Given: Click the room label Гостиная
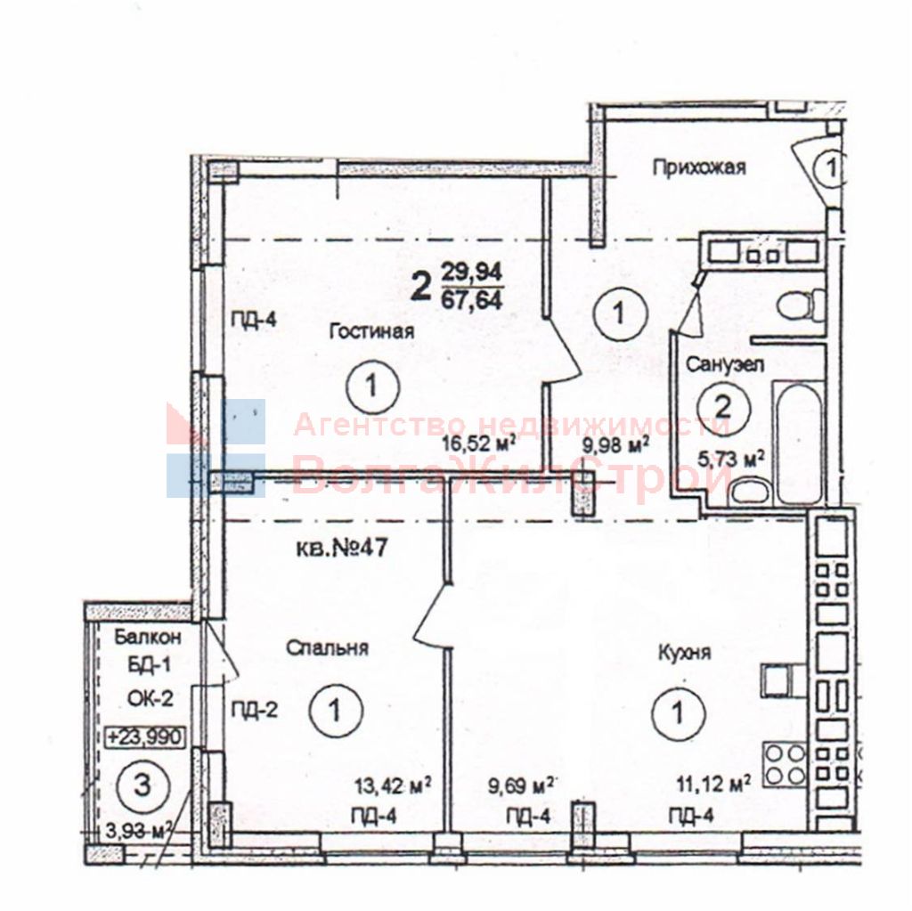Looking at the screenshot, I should point(371,331).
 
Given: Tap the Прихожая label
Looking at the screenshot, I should point(697,167).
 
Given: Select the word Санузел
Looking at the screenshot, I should point(726,364).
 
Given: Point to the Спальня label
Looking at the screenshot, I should point(327,648).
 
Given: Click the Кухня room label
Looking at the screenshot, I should point(686,653).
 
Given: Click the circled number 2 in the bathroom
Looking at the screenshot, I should point(723,407).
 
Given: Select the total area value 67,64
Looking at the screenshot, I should point(471,297).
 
